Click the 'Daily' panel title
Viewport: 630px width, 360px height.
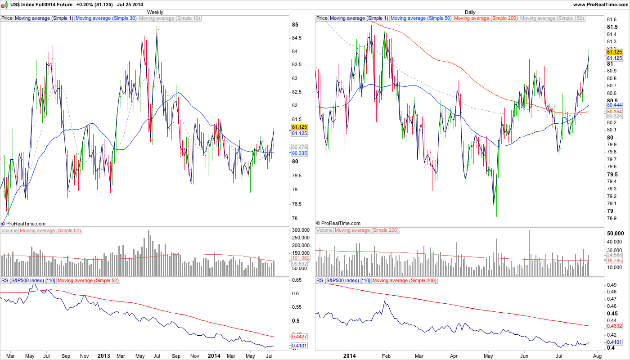point(470,12)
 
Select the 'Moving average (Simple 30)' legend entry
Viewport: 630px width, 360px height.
point(106,18)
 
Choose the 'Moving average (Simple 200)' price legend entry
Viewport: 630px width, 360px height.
point(486,18)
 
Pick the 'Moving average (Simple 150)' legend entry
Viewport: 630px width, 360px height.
point(552,18)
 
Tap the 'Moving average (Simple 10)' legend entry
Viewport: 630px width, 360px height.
point(170,18)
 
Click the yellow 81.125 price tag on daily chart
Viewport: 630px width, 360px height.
point(614,53)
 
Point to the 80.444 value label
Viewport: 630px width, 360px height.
point(614,104)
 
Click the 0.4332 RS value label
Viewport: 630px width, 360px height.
point(614,326)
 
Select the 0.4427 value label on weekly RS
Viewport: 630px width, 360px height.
point(299,336)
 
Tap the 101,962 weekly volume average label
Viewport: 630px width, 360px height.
point(299,258)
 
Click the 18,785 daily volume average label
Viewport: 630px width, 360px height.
point(614,261)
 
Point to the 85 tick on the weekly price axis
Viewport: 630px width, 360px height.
point(295,25)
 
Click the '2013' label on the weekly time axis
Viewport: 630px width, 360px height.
point(104,355)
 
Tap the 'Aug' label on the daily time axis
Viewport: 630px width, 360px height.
point(597,355)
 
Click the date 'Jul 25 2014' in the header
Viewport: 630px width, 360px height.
point(130,4)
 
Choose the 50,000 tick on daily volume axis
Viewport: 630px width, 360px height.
point(615,234)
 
